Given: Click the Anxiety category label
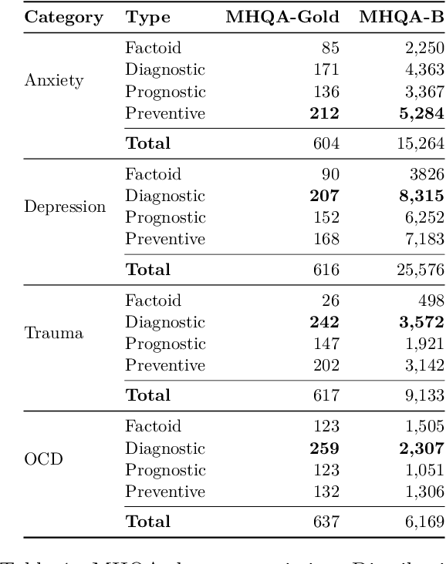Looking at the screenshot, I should tap(55, 80).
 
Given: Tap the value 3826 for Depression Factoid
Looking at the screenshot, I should tap(425, 174).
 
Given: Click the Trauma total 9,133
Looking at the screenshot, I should tap(423, 394).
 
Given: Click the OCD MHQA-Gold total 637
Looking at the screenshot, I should tap(326, 521).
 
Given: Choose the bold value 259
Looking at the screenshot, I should tap(325, 448).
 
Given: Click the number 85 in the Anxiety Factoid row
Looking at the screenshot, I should tap(330, 48).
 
